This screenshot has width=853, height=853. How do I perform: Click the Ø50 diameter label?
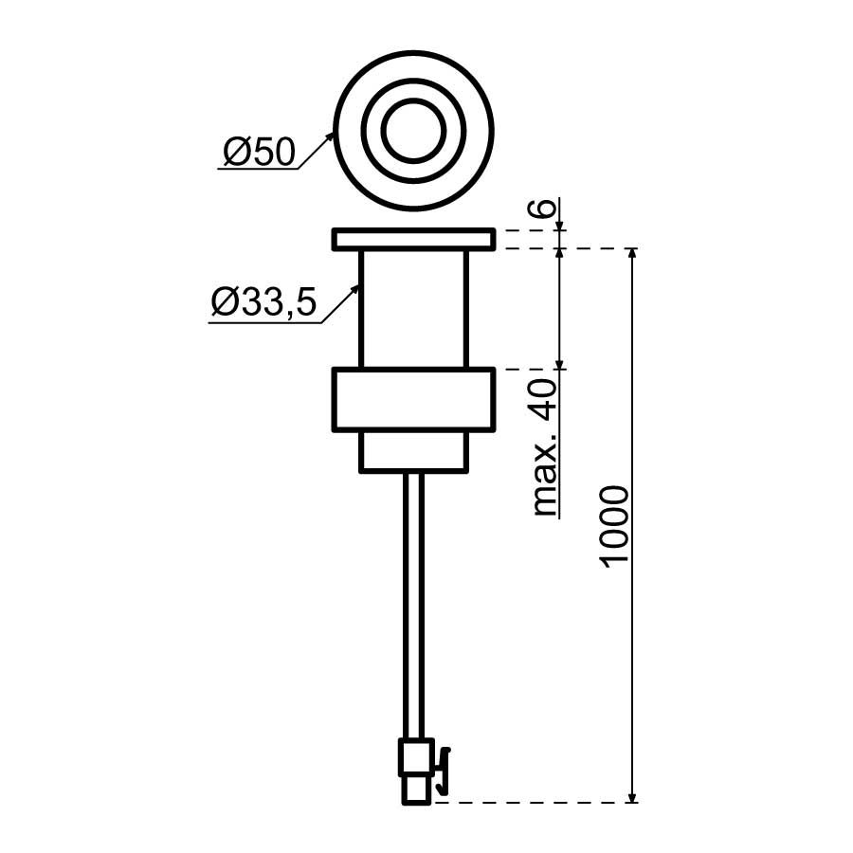(259, 152)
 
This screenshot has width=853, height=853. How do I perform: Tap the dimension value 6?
(545, 208)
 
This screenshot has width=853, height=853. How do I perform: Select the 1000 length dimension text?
(615, 527)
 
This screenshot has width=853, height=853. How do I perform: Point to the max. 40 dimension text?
(545, 446)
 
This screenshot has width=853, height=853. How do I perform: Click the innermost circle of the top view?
(413, 131)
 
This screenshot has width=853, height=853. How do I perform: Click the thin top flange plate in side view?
(414, 240)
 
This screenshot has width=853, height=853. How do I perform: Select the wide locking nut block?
(414, 400)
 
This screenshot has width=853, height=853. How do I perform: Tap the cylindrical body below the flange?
(414, 309)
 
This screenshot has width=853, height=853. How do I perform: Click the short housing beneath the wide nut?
(414, 451)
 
